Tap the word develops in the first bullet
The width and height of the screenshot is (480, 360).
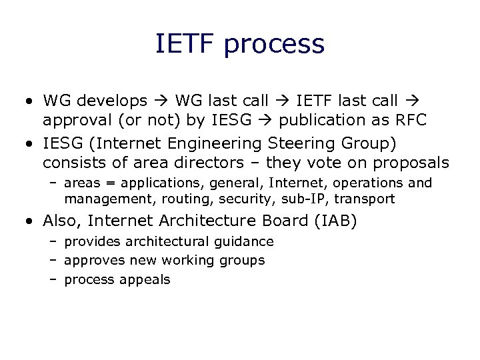click(x=112, y=101)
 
